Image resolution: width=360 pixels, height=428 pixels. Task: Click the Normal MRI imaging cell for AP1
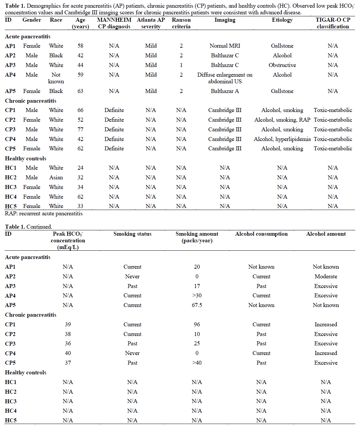click(x=225, y=46)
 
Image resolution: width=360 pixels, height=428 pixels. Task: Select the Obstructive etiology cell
click(x=282, y=65)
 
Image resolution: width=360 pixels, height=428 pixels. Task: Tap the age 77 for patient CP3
click(x=80, y=130)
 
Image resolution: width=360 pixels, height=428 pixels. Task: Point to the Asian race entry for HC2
click(x=56, y=178)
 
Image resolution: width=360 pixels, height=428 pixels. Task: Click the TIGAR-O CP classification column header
click(x=333, y=23)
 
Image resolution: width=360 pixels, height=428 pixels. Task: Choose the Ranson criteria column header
click(x=181, y=23)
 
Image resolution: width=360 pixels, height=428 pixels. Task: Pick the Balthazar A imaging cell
click(x=225, y=91)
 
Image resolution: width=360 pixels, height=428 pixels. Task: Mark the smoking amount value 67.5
click(x=197, y=305)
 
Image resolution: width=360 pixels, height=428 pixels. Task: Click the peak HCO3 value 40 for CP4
click(x=68, y=353)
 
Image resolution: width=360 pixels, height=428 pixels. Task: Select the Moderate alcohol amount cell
click(x=326, y=277)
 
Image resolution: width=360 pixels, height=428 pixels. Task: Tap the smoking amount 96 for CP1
click(x=197, y=325)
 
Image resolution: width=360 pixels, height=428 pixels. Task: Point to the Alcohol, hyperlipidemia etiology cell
click(x=282, y=139)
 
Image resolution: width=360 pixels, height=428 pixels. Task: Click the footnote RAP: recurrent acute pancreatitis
click(x=44, y=214)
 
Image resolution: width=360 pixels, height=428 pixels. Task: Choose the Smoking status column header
click(x=132, y=234)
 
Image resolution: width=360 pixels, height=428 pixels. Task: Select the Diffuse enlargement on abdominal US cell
click(x=225, y=78)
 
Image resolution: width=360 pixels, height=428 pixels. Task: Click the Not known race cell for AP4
click(x=56, y=78)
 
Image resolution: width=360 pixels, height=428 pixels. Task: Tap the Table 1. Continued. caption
click(x=28, y=227)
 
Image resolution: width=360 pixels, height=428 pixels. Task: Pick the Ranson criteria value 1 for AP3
click(x=181, y=65)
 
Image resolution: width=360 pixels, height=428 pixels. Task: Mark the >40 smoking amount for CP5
click(x=197, y=363)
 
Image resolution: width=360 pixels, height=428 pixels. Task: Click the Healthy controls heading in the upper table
click(x=26, y=159)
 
